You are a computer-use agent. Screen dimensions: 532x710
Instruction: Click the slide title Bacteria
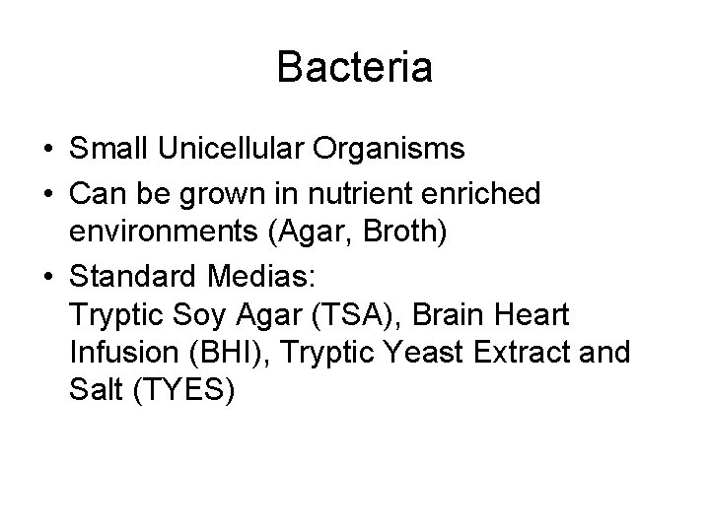coord(354,68)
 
